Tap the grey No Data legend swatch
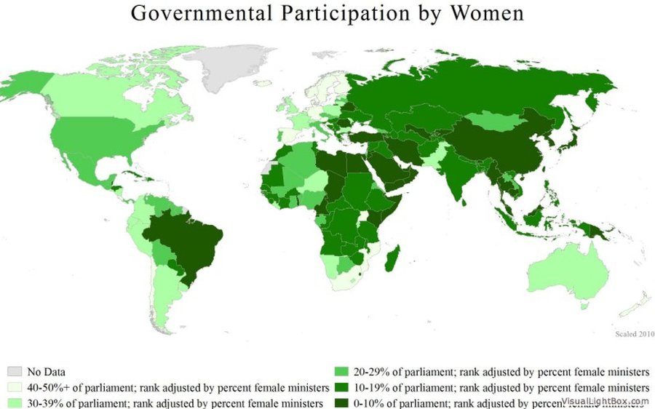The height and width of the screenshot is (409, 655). coord(15,370)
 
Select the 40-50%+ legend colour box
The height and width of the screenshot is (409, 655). coord(15,386)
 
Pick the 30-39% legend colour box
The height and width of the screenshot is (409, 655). coord(15,402)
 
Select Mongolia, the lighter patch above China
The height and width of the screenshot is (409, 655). coord(495,120)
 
